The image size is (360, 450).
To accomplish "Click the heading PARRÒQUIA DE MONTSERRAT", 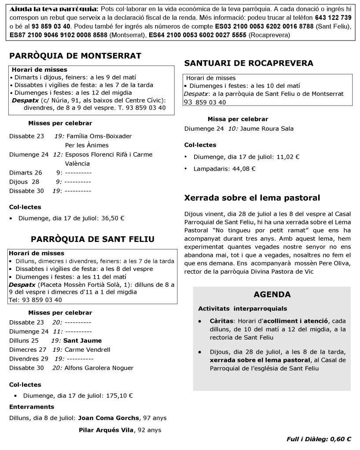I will point(75,55).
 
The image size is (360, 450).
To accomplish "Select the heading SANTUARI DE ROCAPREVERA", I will point(249,63).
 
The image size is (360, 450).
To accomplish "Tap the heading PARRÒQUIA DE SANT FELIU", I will point(92,239).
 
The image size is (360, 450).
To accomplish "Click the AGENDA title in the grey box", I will point(272,294).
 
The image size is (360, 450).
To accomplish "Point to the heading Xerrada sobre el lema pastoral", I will point(252,198).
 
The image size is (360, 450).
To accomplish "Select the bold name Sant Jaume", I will point(82,340).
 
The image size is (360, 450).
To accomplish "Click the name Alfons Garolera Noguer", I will point(99,368).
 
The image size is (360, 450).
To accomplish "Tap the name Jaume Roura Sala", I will point(267,128).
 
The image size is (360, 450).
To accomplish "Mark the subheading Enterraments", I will point(32,406).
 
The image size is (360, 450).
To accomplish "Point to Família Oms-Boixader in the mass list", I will point(98,136).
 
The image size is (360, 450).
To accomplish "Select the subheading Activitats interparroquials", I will point(242,308).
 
